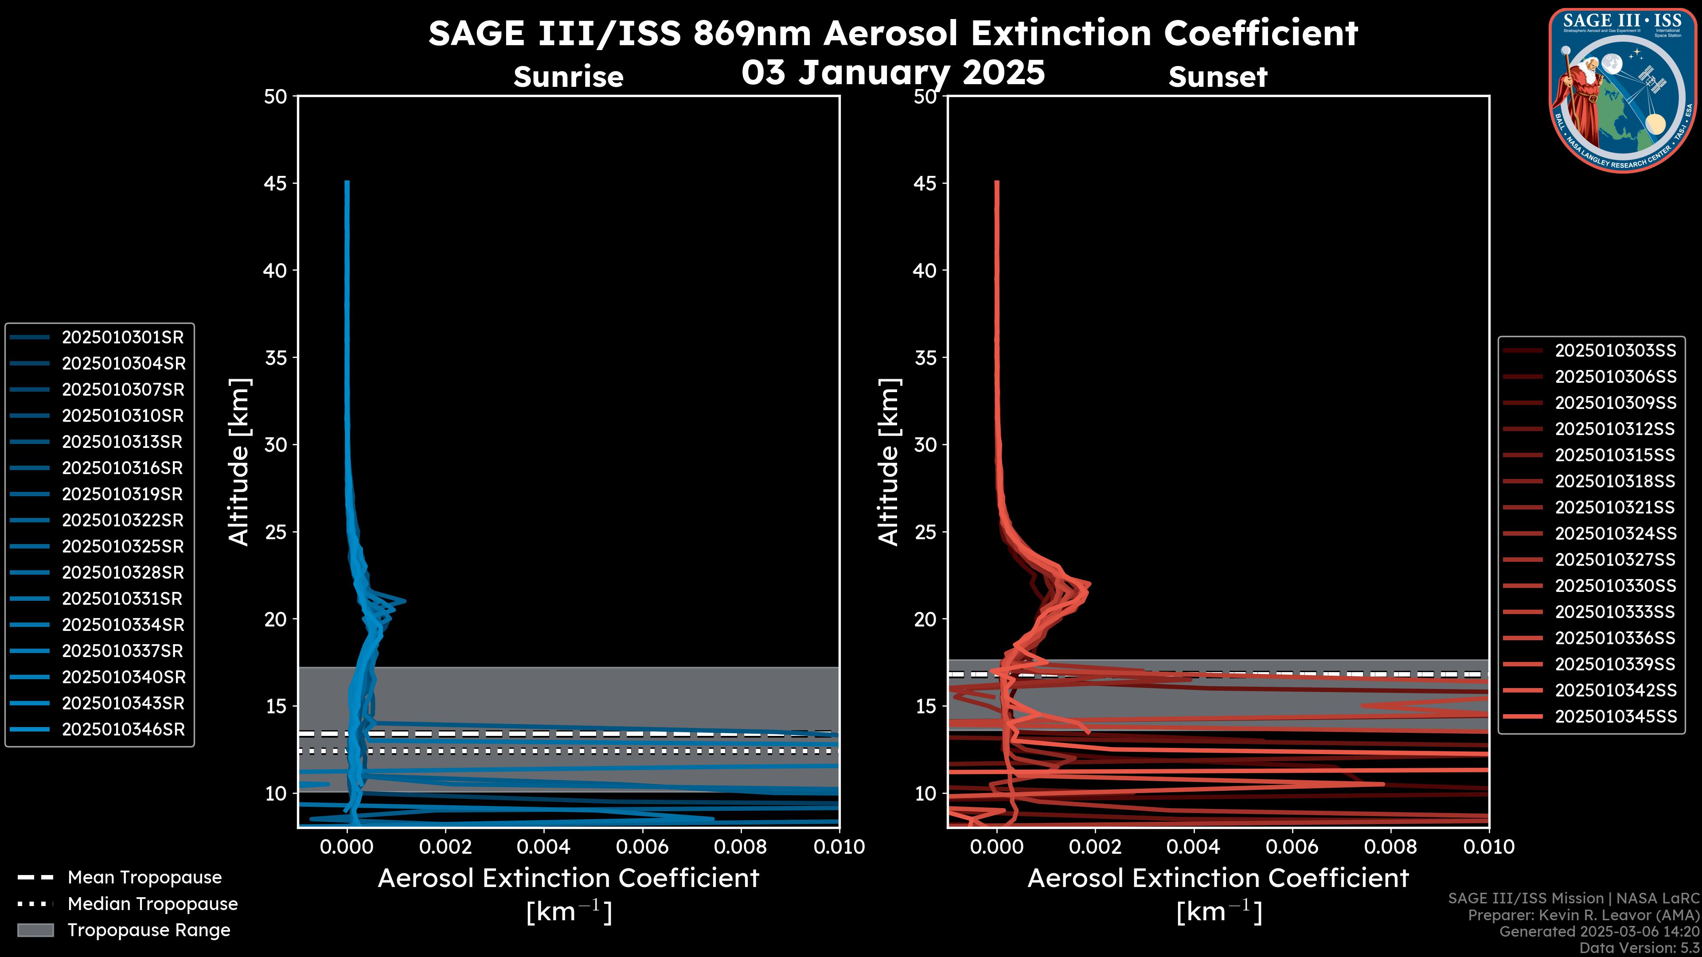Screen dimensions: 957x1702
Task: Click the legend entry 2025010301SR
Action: [x=122, y=338]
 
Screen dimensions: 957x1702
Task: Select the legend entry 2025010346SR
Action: [x=123, y=730]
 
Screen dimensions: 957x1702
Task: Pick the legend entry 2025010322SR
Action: [x=122, y=521]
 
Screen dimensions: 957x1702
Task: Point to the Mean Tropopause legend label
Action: [x=144, y=878]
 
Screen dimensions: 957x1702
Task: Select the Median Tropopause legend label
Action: [x=152, y=904]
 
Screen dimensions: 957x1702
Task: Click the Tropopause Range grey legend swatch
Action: [x=35, y=930]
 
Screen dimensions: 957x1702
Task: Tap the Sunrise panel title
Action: [x=568, y=77]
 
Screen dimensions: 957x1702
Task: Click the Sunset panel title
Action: [x=1218, y=77]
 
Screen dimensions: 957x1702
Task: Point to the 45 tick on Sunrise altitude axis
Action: [x=276, y=183]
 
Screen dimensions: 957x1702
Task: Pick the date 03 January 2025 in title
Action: [x=893, y=73]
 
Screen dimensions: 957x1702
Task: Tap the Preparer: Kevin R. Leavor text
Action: [x=1583, y=915]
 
